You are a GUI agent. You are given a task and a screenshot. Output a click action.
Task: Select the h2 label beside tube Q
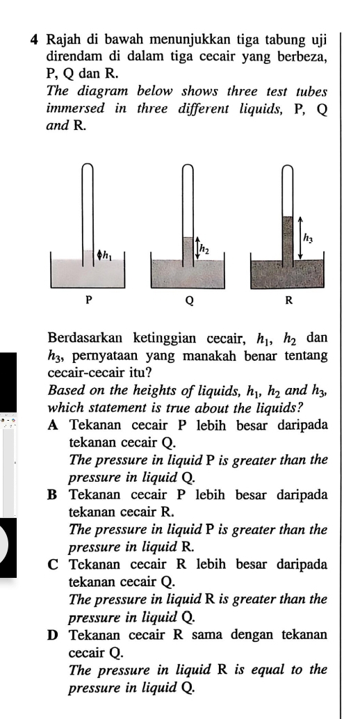click(x=205, y=248)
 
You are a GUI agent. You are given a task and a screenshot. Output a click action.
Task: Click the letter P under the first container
click(x=88, y=300)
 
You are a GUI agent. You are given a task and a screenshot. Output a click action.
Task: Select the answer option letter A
click(x=54, y=426)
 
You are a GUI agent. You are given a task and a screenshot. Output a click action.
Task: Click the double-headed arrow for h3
click(x=300, y=237)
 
